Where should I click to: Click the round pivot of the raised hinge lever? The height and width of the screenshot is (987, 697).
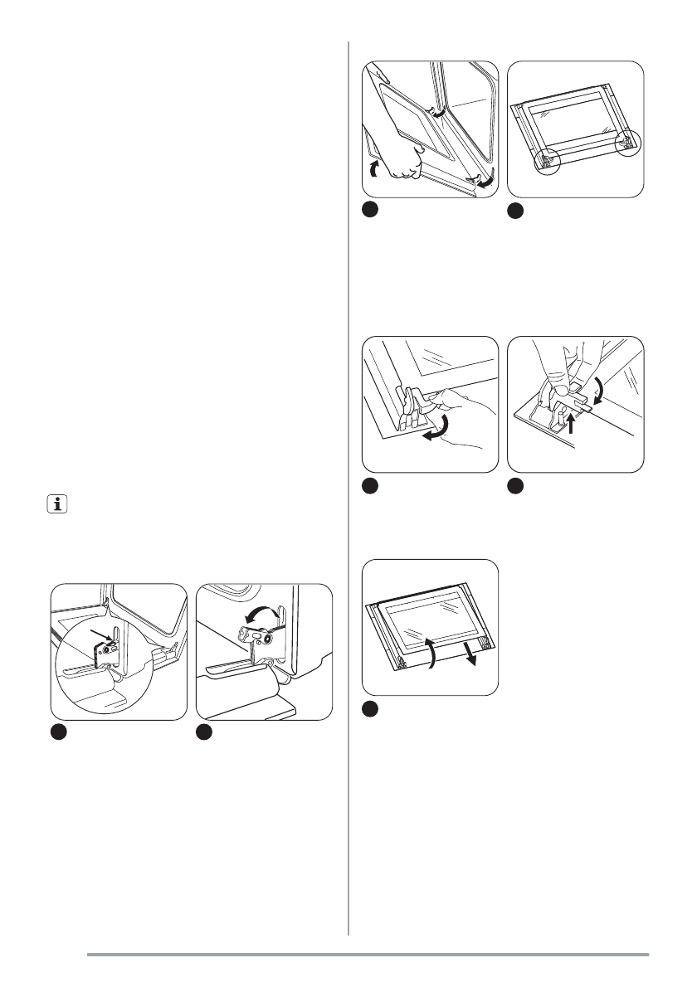tap(265, 639)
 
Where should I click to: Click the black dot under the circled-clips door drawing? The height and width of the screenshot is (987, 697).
tap(514, 212)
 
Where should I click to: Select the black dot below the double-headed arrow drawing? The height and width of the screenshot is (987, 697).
tap(204, 733)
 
